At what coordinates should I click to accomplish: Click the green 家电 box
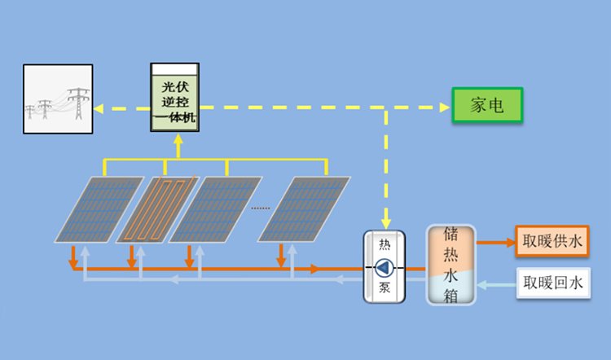487,105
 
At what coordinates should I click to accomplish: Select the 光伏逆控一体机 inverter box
175,98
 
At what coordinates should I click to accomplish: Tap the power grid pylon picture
58,99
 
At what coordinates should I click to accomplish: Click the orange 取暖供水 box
552,241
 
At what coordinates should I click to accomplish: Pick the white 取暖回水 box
553,283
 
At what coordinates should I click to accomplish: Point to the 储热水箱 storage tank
451,265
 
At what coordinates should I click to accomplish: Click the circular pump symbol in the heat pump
385,268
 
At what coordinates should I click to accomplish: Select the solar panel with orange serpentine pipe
158,209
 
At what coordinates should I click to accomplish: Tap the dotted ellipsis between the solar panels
261,208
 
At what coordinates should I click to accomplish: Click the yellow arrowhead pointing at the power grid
99,108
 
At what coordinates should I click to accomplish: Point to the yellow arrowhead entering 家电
445,108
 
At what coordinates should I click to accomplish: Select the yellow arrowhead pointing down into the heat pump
386,224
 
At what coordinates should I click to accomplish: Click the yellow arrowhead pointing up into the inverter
178,139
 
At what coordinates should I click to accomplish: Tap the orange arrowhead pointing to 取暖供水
511,243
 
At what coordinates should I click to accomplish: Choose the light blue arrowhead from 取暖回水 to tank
481,285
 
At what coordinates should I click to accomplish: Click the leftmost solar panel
99,209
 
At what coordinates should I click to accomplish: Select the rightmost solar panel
304,209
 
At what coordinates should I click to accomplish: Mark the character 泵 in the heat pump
385,288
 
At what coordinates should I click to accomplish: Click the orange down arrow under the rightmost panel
280,256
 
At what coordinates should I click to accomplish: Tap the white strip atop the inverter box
175,69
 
